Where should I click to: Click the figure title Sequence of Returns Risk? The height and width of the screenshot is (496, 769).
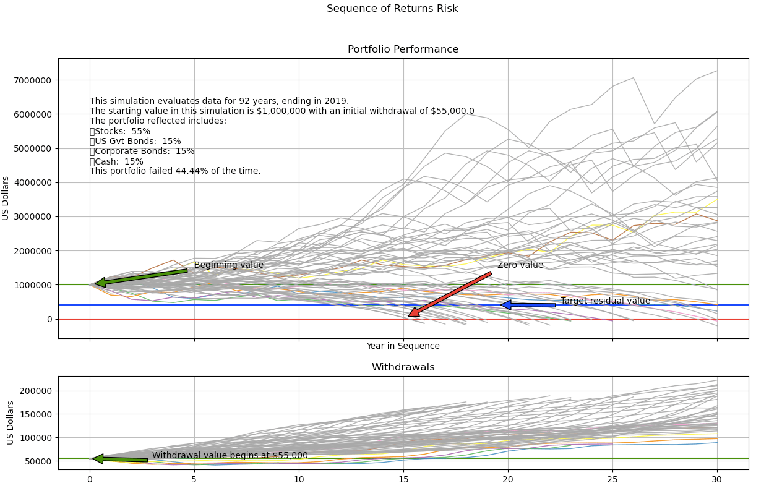[392, 9]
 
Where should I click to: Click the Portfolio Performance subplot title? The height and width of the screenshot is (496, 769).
[403, 49]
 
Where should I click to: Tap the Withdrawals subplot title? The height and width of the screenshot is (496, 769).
[403, 367]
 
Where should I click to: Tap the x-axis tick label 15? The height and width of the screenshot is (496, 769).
[403, 479]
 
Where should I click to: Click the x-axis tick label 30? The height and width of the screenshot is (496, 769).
[717, 479]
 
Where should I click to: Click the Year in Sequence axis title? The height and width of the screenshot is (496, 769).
[403, 346]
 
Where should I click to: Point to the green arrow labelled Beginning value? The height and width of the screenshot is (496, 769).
[141, 276]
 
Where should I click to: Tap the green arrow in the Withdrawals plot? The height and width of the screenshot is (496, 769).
[120, 459]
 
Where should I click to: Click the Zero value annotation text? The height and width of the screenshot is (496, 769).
[520, 265]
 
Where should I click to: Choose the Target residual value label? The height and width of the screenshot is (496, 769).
[605, 301]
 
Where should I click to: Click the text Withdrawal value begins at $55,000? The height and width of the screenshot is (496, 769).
[230, 456]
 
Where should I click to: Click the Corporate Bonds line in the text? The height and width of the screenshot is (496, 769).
[144, 152]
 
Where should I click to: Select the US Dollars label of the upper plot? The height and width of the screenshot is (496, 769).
[6, 198]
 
